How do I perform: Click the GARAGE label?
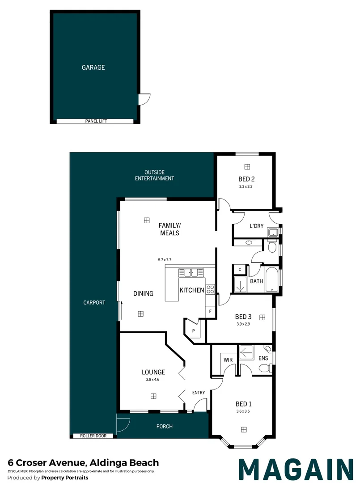tap(93, 67)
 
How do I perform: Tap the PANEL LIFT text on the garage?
tap(96, 121)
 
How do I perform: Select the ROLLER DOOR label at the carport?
tap(93, 436)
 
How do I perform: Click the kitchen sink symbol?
tap(191, 273)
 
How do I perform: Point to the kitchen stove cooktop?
tap(210, 289)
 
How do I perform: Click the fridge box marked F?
tap(210, 311)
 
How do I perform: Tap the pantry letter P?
tap(194, 331)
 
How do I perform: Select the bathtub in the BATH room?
tap(272, 280)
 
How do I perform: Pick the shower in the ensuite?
tap(247, 352)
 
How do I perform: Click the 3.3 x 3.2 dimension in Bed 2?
tap(246, 186)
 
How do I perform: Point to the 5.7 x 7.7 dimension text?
tap(165, 260)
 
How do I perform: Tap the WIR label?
tap(228, 360)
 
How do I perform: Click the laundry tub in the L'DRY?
tap(273, 232)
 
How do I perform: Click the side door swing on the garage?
tap(144, 99)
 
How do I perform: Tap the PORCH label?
tap(165, 426)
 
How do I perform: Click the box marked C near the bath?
tap(240, 270)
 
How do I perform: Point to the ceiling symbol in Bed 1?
tap(244, 429)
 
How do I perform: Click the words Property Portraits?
tap(65, 478)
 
